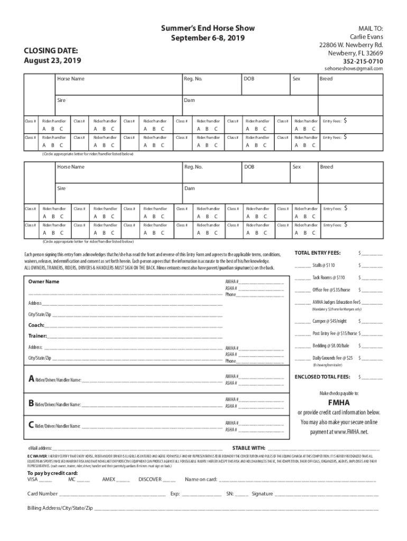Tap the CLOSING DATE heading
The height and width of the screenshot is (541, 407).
[x=51, y=51]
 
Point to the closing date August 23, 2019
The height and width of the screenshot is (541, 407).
[x=52, y=61]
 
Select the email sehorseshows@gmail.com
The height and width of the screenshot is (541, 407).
[x=353, y=69]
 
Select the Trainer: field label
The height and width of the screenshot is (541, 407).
[x=38, y=336]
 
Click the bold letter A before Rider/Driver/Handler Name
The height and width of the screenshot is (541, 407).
[x=31, y=379]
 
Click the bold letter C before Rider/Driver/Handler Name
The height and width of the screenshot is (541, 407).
[x=31, y=425]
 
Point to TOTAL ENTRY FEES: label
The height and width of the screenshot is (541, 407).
[x=317, y=253]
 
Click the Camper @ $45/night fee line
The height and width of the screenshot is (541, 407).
[x=329, y=321]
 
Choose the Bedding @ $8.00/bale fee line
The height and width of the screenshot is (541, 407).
[x=331, y=346]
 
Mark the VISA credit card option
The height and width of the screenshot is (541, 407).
[x=34, y=480]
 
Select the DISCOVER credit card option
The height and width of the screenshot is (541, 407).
[x=150, y=480]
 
